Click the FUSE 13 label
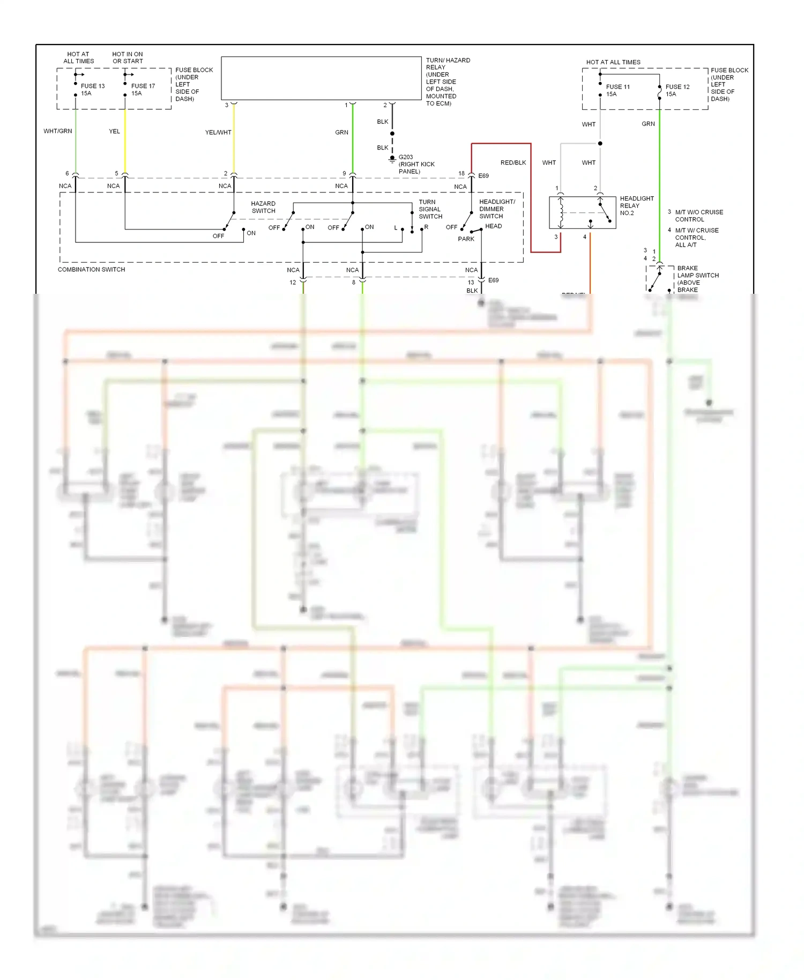coord(93,86)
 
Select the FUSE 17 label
coord(143,86)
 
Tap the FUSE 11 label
coord(618,87)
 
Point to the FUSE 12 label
coord(678,87)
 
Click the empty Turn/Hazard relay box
coord(321,78)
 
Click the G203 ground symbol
coord(392,159)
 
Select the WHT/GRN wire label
coord(58,131)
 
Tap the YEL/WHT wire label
coord(218,132)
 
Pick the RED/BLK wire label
coord(513,162)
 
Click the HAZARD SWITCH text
coord(263,207)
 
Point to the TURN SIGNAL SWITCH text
coord(430,209)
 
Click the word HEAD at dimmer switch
coord(494,226)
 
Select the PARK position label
coord(466,239)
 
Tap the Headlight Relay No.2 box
coord(582,213)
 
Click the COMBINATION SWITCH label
coord(91,270)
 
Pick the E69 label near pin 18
coord(483,176)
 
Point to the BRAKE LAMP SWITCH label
coord(698,275)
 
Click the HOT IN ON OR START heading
coord(128,57)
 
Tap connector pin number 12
coord(293,283)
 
